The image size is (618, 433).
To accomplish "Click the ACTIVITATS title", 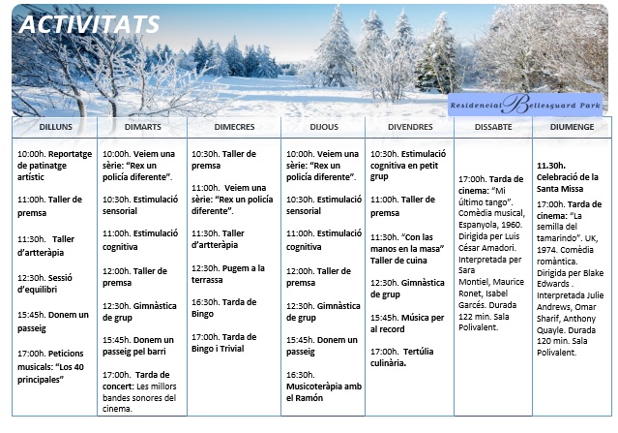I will click(90, 24).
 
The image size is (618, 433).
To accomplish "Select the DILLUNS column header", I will click(54, 127).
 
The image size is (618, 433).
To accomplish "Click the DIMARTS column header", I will click(142, 127).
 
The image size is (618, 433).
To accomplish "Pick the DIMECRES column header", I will click(233, 127).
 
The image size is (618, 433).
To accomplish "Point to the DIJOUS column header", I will click(323, 127).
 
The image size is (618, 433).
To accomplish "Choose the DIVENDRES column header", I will click(410, 127).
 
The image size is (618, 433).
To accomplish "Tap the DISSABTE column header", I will click(492, 127).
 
